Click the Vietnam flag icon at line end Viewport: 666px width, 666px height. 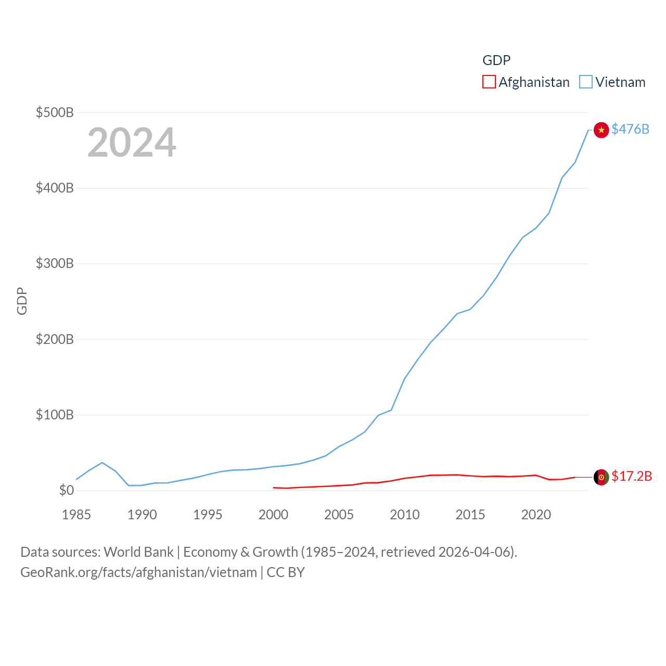click(x=601, y=130)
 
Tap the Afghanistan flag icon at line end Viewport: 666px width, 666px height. click(x=601, y=477)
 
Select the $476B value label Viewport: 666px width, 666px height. click(x=630, y=129)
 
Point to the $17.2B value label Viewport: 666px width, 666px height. click(x=632, y=476)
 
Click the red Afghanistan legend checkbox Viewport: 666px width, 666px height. click(x=489, y=82)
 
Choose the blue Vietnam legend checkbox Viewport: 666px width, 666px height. click(x=586, y=82)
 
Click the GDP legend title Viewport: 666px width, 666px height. click(x=496, y=60)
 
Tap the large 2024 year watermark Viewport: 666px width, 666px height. click(x=132, y=143)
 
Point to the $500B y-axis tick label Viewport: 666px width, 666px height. click(x=55, y=112)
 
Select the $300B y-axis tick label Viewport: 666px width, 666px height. click(x=55, y=263)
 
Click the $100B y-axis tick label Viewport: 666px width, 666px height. click(x=55, y=415)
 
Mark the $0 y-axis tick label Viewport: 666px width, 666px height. click(x=66, y=490)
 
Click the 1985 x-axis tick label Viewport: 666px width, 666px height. click(x=76, y=515)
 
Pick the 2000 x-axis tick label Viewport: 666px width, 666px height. click(x=273, y=515)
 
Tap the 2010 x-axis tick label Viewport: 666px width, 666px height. click(x=405, y=515)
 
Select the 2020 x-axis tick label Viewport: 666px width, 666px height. click(x=536, y=515)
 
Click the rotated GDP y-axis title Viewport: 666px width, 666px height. click(x=22, y=301)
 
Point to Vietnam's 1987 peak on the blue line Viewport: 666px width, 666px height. click(x=102, y=463)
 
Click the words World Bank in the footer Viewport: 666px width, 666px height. click(x=138, y=552)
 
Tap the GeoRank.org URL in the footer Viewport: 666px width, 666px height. click(x=138, y=572)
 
